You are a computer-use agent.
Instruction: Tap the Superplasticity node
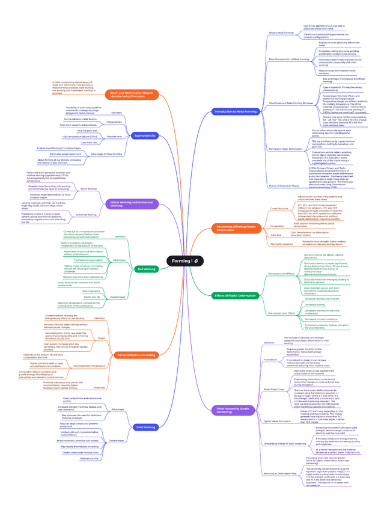pyautogui.click(x=145, y=136)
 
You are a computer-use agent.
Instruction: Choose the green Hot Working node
pyautogui.click(x=146, y=269)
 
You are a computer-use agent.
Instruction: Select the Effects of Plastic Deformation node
pyautogui.click(x=236, y=295)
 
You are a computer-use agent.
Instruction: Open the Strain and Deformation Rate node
pyautogui.click(x=133, y=94)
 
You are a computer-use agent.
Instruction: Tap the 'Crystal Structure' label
pyautogui.click(x=279, y=209)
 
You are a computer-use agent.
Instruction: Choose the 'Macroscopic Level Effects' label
pyautogui.click(x=281, y=313)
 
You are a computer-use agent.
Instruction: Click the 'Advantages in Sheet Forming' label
pyautogui.click(x=106, y=155)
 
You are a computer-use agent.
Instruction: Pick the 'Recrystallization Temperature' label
pyautogui.click(x=89, y=365)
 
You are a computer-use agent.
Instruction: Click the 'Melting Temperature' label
pyautogui.click(x=277, y=244)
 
